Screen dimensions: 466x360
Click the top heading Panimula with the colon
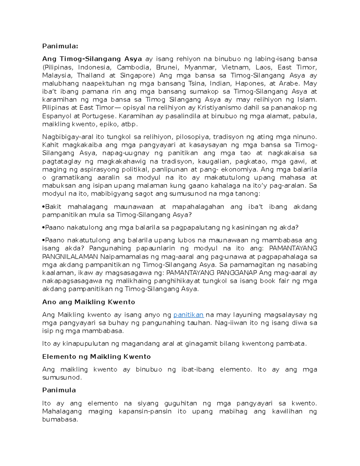click(x=60, y=46)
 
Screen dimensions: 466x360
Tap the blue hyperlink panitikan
click(x=188, y=315)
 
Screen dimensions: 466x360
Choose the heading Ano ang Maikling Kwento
click(x=88, y=302)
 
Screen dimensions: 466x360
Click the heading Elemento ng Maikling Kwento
click(x=96, y=356)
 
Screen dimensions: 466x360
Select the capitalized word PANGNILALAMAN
click(x=70, y=257)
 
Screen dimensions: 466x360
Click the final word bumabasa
click(x=60, y=419)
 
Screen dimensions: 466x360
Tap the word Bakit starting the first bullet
click(x=53, y=207)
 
